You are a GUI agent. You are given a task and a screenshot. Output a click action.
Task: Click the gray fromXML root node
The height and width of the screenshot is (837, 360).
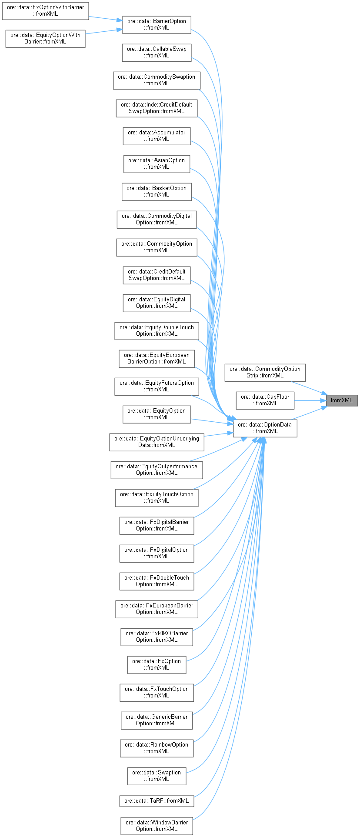[342, 400]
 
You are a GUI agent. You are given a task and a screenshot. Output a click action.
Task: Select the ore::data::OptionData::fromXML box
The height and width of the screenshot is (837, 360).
[265, 428]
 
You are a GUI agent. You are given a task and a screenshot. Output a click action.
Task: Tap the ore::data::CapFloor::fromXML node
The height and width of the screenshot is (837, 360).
[265, 400]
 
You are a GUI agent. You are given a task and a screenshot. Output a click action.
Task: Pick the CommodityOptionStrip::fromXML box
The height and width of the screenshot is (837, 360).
[265, 372]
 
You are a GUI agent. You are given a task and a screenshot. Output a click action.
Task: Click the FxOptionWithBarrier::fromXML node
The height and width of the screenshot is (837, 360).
[45, 10]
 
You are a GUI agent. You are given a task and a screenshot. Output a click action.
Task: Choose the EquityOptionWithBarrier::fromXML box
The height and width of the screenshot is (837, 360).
[45, 38]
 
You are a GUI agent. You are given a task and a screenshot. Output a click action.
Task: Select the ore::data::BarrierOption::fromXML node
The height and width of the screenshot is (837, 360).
[157, 24]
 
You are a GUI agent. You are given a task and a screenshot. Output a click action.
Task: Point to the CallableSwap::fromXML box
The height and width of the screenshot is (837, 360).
[157, 52]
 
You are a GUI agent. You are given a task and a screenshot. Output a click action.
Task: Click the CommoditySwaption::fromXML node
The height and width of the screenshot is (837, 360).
[157, 80]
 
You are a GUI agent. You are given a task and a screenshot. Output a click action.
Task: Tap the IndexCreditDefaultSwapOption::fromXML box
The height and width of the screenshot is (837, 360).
[157, 108]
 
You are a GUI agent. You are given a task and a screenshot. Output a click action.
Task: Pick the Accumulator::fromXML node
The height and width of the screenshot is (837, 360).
[157, 136]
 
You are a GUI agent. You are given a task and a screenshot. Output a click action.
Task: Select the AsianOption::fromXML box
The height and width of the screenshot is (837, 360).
[157, 163]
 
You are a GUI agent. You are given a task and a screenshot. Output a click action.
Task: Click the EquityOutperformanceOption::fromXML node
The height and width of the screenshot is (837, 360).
[157, 470]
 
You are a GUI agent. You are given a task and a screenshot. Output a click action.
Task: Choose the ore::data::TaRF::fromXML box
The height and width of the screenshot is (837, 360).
[157, 801]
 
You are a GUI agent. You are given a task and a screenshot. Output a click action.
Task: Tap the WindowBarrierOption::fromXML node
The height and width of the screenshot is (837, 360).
[157, 826]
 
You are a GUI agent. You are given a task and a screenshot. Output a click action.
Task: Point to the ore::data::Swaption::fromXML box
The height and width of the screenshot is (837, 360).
[157, 776]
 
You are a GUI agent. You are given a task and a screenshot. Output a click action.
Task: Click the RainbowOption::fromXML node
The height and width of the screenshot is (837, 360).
[157, 748]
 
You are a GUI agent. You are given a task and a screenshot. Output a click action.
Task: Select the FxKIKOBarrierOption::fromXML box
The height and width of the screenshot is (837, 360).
[157, 637]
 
